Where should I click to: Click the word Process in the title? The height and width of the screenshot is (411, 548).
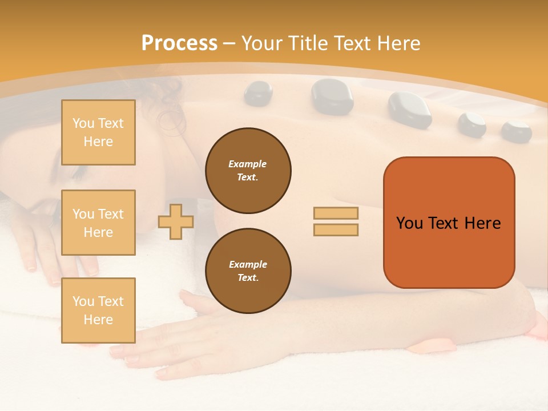[x=179, y=43]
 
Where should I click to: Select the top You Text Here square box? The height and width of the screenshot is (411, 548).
[x=98, y=132]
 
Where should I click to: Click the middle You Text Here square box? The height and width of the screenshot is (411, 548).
[x=98, y=223]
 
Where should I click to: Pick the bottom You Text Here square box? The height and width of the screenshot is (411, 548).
[x=98, y=311]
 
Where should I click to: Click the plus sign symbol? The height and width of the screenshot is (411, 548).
[x=175, y=222]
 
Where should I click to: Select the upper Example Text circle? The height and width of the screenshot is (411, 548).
[x=248, y=171]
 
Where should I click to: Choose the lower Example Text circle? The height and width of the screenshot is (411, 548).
[x=248, y=271]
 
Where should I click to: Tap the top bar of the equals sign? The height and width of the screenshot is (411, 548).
[x=336, y=213]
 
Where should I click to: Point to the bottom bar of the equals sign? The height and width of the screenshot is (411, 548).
[x=336, y=230]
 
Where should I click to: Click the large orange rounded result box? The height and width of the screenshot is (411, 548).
[x=449, y=223]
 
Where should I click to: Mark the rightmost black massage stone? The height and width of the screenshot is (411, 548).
[x=516, y=131]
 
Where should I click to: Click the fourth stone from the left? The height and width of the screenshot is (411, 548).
[x=472, y=124]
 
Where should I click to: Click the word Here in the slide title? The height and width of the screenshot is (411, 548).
[x=397, y=43]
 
